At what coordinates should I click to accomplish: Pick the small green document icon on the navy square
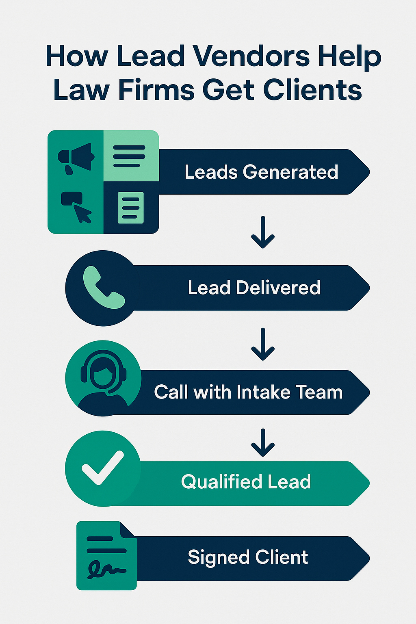coord(131,208)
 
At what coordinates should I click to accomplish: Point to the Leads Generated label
coord(261,172)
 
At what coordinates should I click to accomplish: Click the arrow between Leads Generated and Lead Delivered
coord(263,232)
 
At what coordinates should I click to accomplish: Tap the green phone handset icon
coord(104,288)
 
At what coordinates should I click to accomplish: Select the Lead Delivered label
coord(254,288)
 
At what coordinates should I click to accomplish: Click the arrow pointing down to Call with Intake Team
coord(263,344)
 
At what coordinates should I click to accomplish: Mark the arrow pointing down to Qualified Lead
coord(263,443)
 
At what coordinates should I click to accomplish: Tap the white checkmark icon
coord(102,468)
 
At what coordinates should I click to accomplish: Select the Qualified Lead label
coord(246,482)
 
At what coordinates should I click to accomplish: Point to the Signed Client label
coord(248,557)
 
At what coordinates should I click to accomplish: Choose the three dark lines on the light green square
coord(129,156)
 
